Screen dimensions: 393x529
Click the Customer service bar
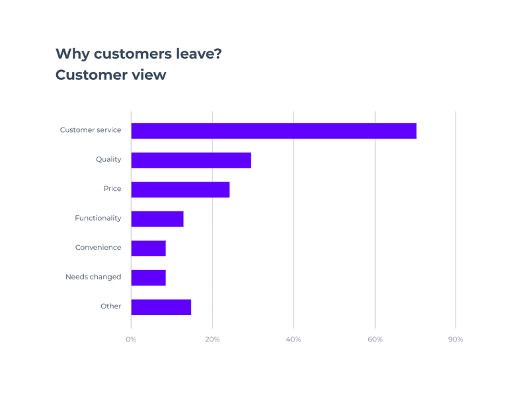(x=274, y=131)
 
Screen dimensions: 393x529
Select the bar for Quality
(x=191, y=160)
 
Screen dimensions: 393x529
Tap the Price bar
(x=181, y=190)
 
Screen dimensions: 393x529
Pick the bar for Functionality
(x=157, y=219)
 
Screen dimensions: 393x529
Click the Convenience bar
(x=149, y=248)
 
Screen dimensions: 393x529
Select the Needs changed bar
(x=149, y=277)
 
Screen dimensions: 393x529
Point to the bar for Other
(x=161, y=307)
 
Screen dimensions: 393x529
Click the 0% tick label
(x=131, y=339)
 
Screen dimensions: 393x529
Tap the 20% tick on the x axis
(x=212, y=339)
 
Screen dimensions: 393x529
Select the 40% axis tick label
(x=293, y=339)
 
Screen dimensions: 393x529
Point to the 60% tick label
(x=375, y=339)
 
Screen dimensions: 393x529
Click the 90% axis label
(x=456, y=339)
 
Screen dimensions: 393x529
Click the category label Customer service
(x=91, y=130)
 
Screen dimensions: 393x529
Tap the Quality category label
(x=108, y=159)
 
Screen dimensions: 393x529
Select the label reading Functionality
(x=98, y=218)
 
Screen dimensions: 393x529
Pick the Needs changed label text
(x=93, y=277)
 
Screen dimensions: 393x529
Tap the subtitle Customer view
(x=110, y=75)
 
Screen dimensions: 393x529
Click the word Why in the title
(x=73, y=54)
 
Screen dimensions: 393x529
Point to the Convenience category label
(x=98, y=248)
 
